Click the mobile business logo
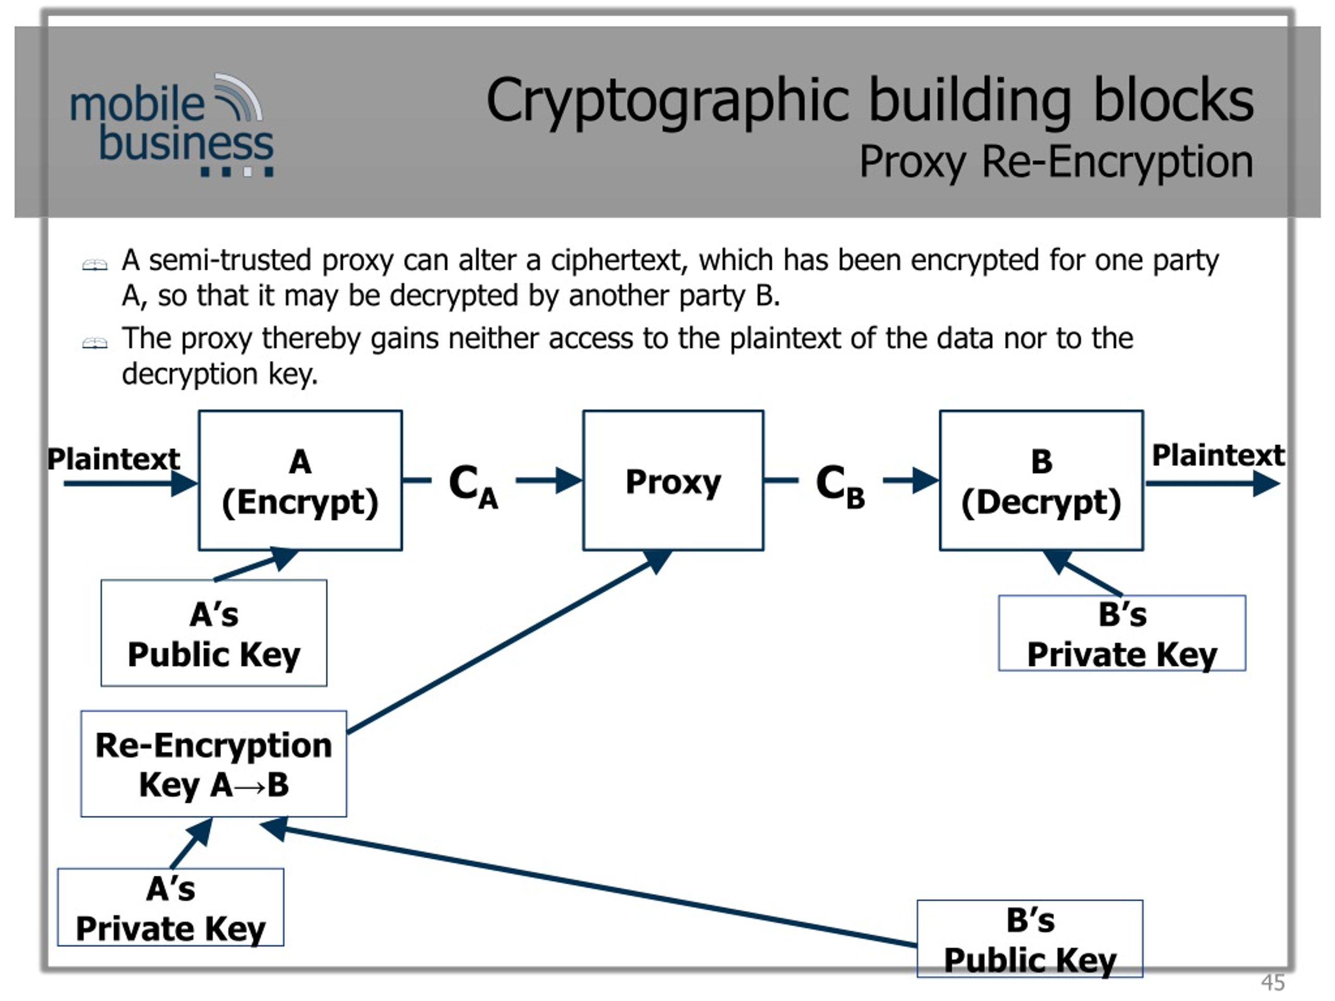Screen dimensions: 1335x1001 click(172, 126)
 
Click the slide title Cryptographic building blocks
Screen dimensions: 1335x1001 click(870, 101)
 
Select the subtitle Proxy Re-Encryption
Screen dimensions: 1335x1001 click(1056, 162)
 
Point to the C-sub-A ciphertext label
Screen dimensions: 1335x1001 click(474, 486)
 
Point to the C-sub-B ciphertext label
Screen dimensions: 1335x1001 click(840, 486)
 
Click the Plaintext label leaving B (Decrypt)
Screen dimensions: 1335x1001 click(1218, 455)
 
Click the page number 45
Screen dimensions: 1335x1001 click(1273, 982)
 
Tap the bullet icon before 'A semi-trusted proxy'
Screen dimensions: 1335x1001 click(95, 264)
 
